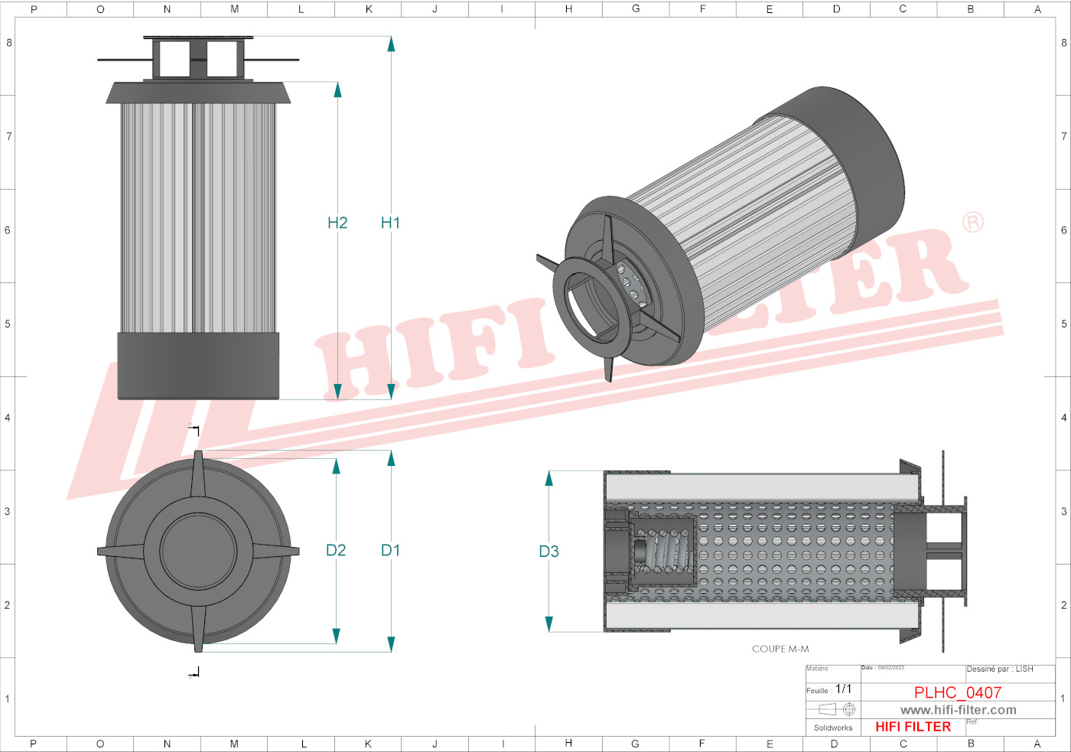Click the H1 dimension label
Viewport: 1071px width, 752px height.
390,223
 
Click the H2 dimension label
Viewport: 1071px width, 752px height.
337,223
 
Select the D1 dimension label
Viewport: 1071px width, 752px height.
390,550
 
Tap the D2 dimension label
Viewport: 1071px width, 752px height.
336,550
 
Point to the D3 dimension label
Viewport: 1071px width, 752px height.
549,552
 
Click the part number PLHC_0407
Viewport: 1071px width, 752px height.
958,692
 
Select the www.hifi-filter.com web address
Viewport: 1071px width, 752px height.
958,710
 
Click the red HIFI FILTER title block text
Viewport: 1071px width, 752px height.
913,727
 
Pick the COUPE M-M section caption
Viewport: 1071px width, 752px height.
780,649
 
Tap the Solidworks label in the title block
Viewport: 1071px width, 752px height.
833,728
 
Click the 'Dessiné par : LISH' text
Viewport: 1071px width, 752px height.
1000,669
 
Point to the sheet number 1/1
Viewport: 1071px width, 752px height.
843,689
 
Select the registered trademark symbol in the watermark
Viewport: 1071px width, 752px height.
972,223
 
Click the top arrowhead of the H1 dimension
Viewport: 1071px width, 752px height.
391,44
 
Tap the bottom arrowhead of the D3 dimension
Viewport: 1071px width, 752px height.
549,623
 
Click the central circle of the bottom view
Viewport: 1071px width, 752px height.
198,551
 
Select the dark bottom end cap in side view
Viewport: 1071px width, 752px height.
198,366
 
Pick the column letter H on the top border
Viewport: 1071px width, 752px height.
568,9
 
